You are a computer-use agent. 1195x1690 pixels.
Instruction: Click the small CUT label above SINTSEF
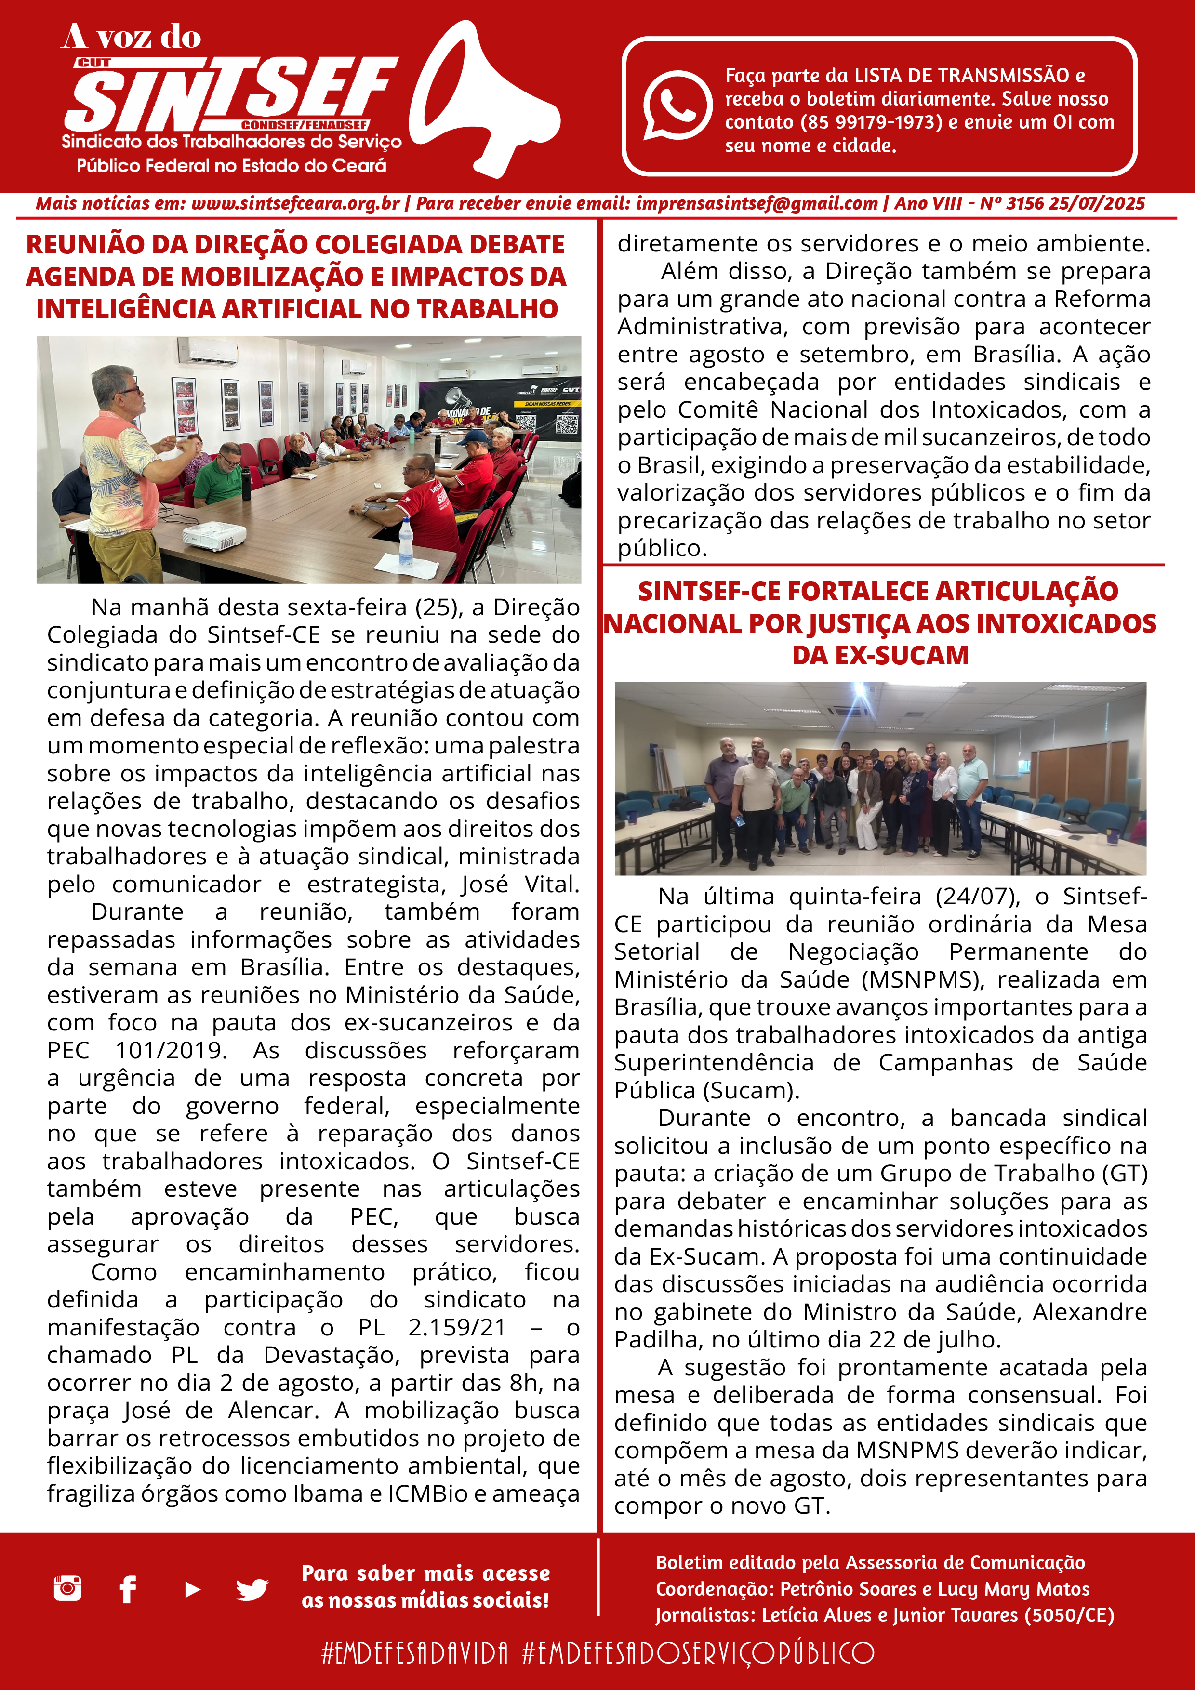(94, 63)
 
